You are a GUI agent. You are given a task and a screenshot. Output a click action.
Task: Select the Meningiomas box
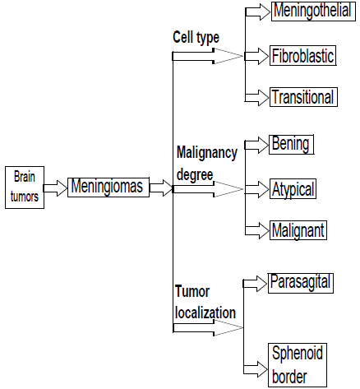click(x=107, y=188)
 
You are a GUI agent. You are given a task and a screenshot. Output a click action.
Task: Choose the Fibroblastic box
click(x=303, y=56)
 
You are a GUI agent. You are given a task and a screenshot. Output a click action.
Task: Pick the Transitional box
click(x=303, y=97)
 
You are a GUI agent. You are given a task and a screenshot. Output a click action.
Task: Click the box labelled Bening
click(x=291, y=145)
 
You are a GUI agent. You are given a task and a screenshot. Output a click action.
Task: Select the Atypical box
click(x=293, y=188)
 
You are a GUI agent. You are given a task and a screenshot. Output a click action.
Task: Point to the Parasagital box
click(x=300, y=282)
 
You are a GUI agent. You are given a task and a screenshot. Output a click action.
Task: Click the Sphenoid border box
click(x=297, y=366)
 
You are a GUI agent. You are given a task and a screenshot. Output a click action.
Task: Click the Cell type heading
click(x=195, y=37)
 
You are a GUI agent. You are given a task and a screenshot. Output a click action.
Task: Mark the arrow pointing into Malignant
click(x=257, y=229)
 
